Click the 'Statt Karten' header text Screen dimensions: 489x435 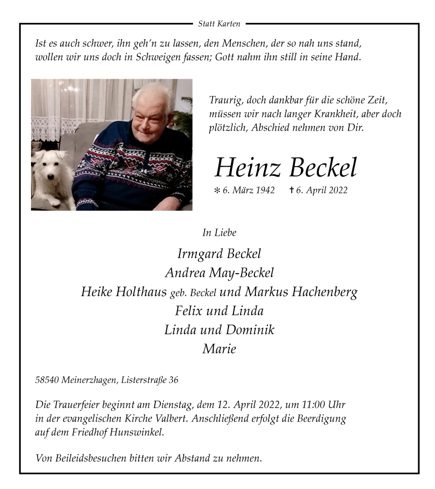tap(219, 23)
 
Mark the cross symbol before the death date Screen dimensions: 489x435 tap(291, 190)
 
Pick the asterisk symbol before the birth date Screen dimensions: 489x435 tap(217, 191)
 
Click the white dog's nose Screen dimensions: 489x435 tap(51, 177)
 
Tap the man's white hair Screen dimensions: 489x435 tap(152, 94)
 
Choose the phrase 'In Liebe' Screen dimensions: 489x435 tap(219, 233)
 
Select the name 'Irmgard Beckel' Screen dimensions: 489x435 tap(219, 253)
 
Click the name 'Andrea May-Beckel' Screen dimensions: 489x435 tap(219, 273)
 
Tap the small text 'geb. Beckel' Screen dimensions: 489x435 tap(193, 293)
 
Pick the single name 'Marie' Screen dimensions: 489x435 tap(219, 349)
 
